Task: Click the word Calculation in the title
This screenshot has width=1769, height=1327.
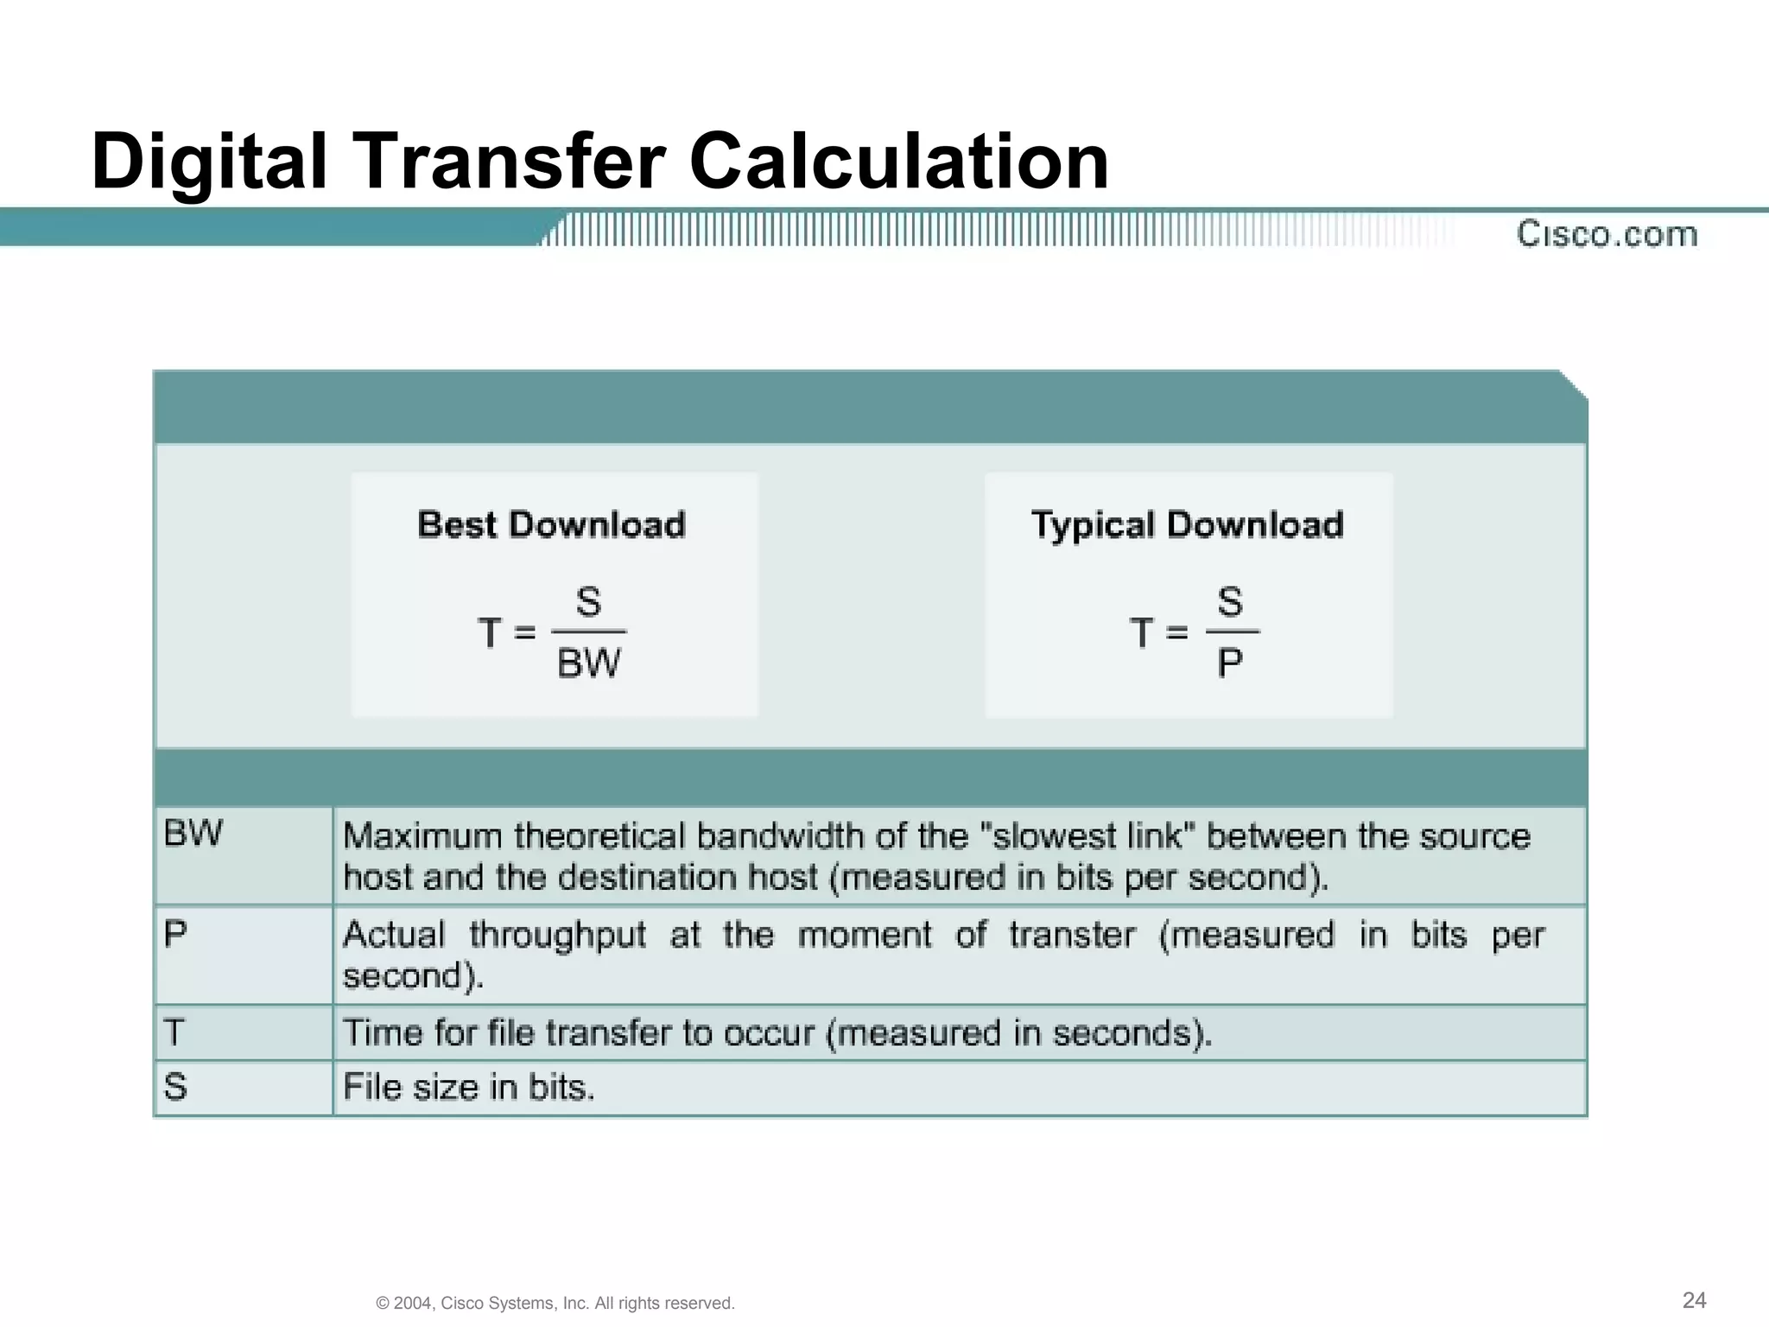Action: pos(898,162)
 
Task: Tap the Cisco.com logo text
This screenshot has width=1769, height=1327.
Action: pos(1607,234)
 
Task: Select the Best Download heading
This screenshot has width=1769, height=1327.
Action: pos(551,525)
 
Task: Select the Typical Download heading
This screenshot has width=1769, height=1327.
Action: pos(1188,525)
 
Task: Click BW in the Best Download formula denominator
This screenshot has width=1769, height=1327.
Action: pos(588,663)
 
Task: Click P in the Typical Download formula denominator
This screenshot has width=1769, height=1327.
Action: pos(1230,663)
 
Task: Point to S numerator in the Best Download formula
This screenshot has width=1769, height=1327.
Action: pos(588,602)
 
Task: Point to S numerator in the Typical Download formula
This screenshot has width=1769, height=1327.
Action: pos(1230,602)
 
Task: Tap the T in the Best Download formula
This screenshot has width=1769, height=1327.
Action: pos(490,633)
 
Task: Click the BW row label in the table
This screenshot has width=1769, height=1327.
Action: pos(193,834)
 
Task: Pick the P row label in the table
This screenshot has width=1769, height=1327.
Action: pos(175,934)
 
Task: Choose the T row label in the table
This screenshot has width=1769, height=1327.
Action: pos(174,1032)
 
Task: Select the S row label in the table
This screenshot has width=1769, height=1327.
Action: pos(175,1086)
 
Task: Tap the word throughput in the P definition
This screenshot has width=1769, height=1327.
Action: pos(557,936)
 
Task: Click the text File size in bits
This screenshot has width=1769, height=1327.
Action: pos(469,1087)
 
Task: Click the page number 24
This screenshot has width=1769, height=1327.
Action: pos(1694,1300)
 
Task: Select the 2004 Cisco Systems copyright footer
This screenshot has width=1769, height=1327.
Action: pos(555,1303)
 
